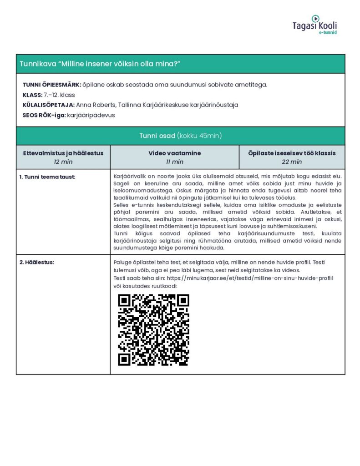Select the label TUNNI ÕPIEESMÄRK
click(51, 85)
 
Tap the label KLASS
click(32, 95)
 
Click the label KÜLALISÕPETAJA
click(49, 105)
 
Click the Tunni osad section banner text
click(180, 136)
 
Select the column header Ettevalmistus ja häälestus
click(63, 153)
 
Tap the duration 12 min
click(63, 162)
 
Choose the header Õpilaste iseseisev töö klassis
click(292, 153)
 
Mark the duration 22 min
click(292, 162)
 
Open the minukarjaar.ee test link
click(250, 278)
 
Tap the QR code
click(153, 330)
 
